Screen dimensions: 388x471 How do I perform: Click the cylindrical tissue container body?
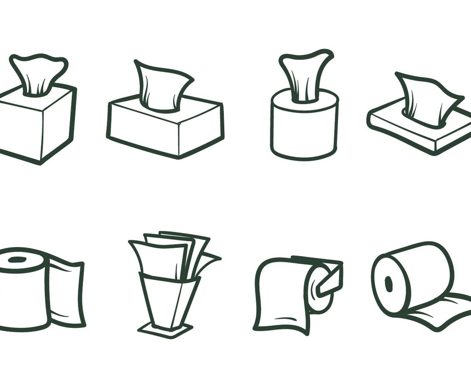click(x=304, y=131)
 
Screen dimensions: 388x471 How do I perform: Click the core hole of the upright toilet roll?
click(x=17, y=260)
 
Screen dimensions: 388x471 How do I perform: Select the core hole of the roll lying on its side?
click(x=388, y=284)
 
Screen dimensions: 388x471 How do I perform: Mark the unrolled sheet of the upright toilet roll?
click(x=66, y=292)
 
